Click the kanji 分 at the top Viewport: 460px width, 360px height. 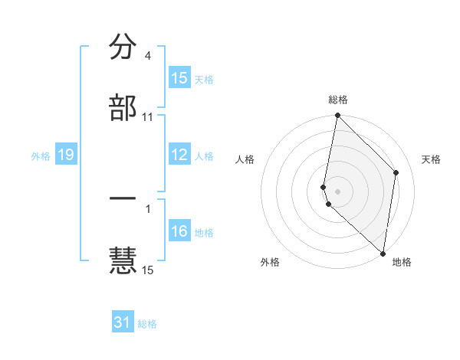tap(123, 47)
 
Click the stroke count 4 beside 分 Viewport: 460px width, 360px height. tap(147, 56)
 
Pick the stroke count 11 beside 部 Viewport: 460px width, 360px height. tap(147, 116)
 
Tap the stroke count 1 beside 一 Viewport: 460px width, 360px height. tap(147, 208)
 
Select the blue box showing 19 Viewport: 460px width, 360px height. tap(66, 155)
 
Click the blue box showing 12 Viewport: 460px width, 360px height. tap(179, 155)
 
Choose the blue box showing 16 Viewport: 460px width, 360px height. tap(179, 232)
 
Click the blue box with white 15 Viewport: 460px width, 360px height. tap(179, 78)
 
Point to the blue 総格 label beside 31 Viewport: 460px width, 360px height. tap(147, 324)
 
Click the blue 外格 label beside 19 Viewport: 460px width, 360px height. tap(41, 156)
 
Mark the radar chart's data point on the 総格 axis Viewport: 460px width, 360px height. tap(337, 116)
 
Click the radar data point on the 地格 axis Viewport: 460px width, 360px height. tap(383, 254)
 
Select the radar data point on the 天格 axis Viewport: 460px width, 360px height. tap(396, 172)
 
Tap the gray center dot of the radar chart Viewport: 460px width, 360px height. tap(337, 190)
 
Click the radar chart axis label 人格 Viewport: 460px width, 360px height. tap(245, 159)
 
